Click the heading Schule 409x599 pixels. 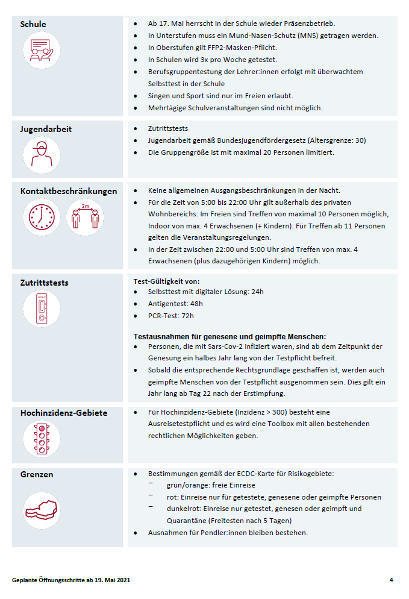33,25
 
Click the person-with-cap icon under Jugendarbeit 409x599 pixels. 42,155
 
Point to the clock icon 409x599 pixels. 42,217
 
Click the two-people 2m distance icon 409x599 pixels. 84,217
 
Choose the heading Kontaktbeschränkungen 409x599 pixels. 69,191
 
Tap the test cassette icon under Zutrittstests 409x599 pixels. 42,309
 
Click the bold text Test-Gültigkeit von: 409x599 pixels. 166,281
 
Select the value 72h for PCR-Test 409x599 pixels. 187,315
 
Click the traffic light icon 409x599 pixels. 42,438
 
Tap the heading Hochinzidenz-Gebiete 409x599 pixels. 64,413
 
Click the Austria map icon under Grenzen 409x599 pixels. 42,510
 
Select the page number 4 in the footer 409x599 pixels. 391,580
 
